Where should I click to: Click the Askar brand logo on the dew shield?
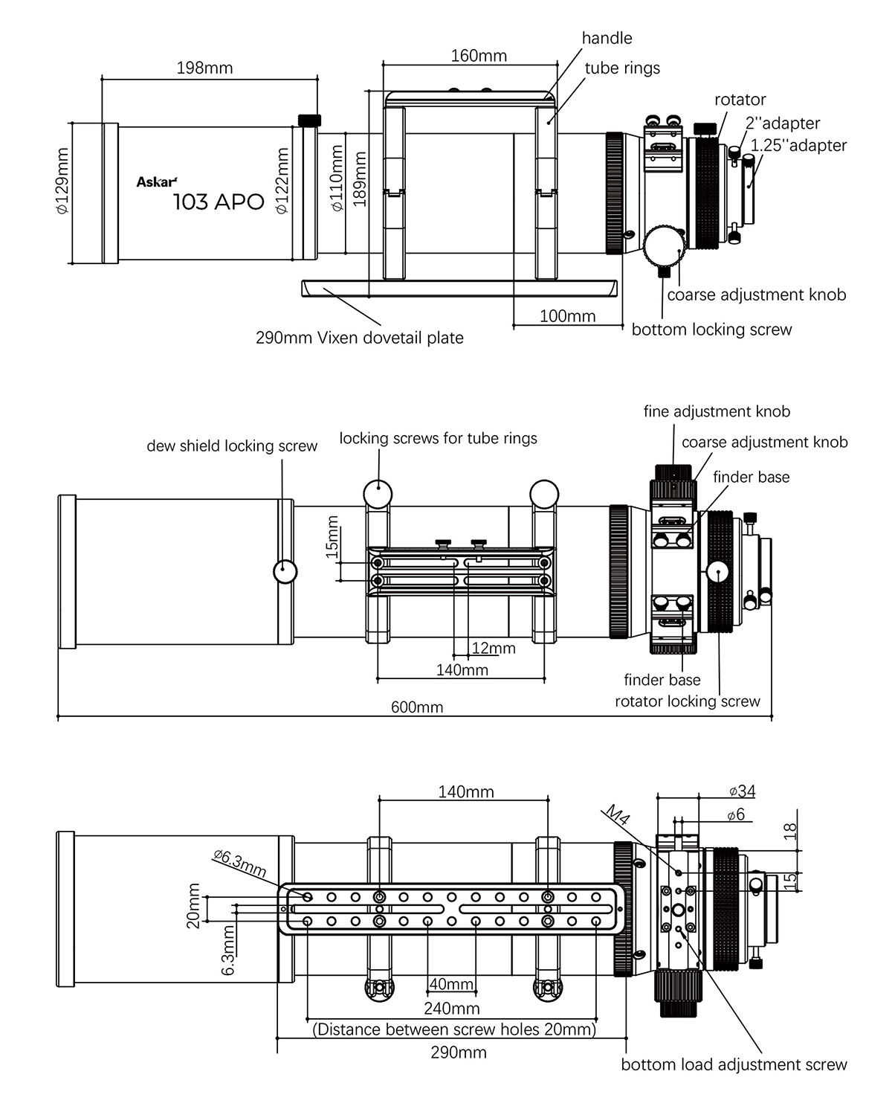[156, 181]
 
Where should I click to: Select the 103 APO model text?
[219, 202]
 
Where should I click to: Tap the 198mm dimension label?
[204, 68]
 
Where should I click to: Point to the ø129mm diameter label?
[62, 181]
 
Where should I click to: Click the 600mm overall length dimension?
[417, 707]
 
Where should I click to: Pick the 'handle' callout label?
[607, 38]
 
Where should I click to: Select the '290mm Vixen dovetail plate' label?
[359, 338]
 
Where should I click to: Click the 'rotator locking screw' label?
[687, 701]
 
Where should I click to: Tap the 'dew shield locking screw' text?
[232, 446]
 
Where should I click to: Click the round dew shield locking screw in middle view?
[285, 571]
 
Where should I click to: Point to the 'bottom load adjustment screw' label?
[734, 1064]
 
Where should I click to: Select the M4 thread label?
[617, 815]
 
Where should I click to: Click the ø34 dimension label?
[742, 791]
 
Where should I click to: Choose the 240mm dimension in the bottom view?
[452, 1009]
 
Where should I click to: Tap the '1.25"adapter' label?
[798, 145]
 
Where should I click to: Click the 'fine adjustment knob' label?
[717, 411]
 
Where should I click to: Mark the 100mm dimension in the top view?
[567, 316]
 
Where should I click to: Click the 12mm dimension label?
[493, 648]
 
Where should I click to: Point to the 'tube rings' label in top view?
[622, 68]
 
